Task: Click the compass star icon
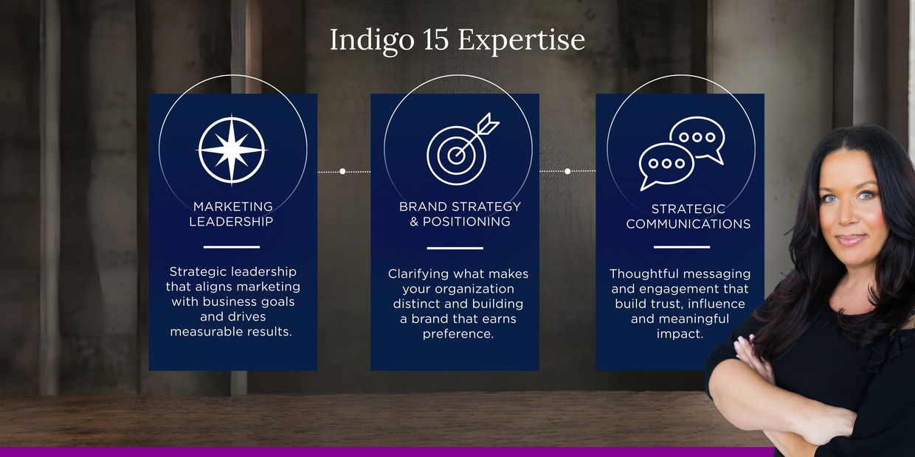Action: click(232, 150)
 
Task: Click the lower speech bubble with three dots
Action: click(666, 166)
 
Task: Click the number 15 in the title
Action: click(436, 40)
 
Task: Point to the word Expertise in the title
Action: click(521, 41)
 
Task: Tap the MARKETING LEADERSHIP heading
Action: click(232, 214)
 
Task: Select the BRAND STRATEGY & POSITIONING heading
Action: click(460, 214)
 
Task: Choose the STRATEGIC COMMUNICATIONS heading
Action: click(688, 216)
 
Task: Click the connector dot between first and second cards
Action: click(342, 171)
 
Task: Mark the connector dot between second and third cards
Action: click(567, 171)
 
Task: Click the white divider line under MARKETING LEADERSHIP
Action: click(232, 247)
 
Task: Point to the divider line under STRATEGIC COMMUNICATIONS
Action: click(682, 247)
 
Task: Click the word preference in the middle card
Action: click(458, 334)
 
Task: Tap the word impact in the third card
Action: click(680, 334)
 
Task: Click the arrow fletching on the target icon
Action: click(488, 124)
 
